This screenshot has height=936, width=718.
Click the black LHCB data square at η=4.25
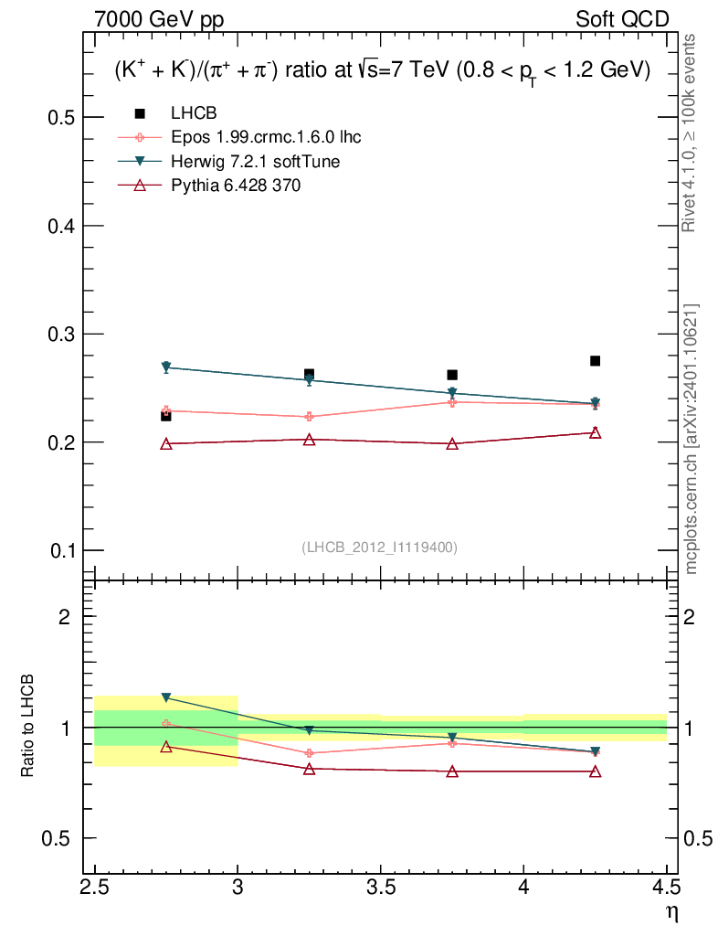click(595, 361)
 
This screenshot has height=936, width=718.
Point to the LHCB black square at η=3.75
click(452, 375)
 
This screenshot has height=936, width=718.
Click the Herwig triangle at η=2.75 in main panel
click(166, 367)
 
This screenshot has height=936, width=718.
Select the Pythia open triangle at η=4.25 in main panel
click(595, 432)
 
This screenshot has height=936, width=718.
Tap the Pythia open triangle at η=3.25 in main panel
click(309, 440)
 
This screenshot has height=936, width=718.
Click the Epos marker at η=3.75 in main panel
click(452, 402)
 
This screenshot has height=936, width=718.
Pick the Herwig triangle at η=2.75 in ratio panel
click(166, 697)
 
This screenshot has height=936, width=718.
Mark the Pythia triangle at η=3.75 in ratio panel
click(452, 771)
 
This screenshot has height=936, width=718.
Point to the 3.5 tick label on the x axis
click(381, 887)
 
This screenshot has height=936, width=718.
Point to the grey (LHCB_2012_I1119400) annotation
click(380, 547)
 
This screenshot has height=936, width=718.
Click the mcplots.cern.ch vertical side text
click(692, 439)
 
